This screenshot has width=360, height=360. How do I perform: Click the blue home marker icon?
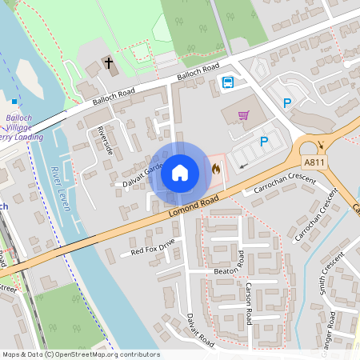[x=180, y=172]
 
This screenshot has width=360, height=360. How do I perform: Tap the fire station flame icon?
[x=216, y=168]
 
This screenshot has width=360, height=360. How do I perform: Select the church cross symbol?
[x=109, y=62]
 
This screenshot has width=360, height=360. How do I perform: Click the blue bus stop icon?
[x=227, y=82]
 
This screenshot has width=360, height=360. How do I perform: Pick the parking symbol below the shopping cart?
[x=264, y=142]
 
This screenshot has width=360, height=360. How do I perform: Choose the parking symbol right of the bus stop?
[x=287, y=102]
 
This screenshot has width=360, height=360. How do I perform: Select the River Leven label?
[x=58, y=187]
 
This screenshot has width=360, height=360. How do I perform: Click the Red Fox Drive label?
[x=153, y=249]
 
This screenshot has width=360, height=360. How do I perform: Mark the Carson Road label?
[x=249, y=303]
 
